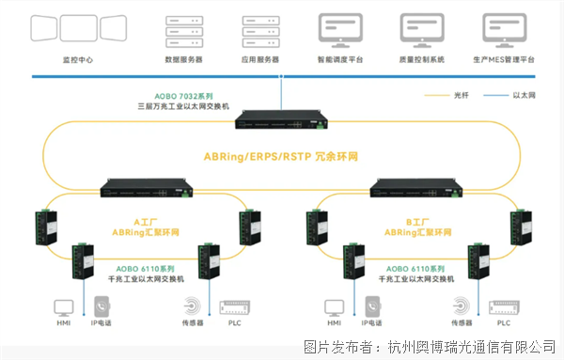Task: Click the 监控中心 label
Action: [x=78, y=60]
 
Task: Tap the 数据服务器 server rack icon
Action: [x=184, y=32]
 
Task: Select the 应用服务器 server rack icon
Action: [x=260, y=32]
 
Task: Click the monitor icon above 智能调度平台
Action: [x=340, y=31]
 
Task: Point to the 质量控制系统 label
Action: [x=421, y=60]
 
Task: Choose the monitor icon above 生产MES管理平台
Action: [x=504, y=31]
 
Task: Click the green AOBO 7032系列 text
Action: [x=184, y=97]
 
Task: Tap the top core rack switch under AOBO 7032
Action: [x=282, y=119]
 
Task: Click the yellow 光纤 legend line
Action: [x=437, y=96]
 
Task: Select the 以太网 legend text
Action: [x=525, y=95]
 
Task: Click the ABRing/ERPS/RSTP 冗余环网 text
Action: [x=281, y=157]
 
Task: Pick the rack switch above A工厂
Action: [x=147, y=188]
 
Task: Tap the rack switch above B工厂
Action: [x=416, y=188]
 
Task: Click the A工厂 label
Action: [x=146, y=222]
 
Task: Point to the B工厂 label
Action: [x=417, y=222]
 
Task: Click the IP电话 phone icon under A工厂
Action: [x=102, y=306]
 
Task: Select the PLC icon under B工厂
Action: [x=504, y=307]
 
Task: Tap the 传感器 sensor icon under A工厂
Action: [x=193, y=306]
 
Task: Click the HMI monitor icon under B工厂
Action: [x=334, y=308]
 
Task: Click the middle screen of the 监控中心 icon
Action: [x=78, y=28]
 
